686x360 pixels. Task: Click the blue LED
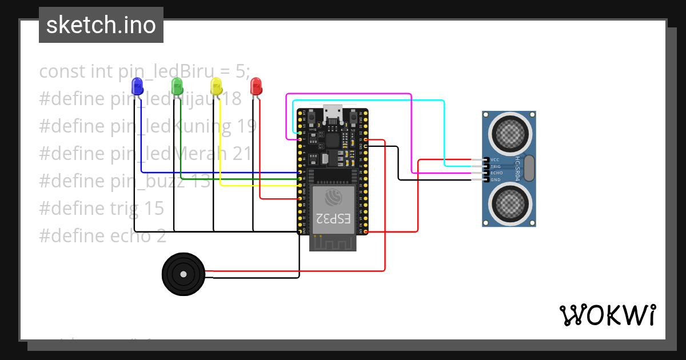click(137, 86)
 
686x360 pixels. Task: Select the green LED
click(177, 86)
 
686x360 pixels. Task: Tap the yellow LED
click(216, 86)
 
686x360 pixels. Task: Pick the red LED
click(256, 86)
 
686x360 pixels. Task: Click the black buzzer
click(183, 274)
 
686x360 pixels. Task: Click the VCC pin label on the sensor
click(495, 159)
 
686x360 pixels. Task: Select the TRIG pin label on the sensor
click(496, 166)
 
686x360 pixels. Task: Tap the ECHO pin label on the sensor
click(496, 173)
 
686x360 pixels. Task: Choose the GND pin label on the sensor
click(495, 179)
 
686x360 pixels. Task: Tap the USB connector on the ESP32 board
click(333, 114)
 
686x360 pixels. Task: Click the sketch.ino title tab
click(101, 25)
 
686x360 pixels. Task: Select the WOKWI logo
click(607, 315)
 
